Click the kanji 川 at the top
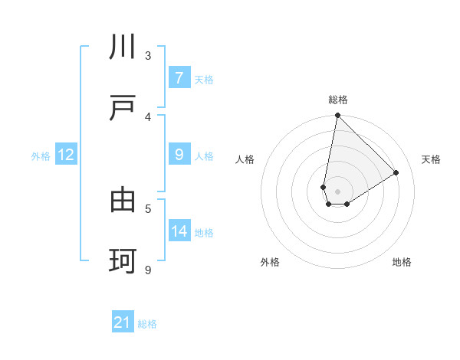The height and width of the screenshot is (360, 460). click(123, 47)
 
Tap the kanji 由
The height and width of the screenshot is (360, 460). click(123, 201)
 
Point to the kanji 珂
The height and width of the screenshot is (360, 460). click(123, 261)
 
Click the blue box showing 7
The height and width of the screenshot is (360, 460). click(179, 77)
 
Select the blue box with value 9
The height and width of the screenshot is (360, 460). click(179, 155)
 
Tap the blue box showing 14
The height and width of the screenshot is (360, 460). click(179, 231)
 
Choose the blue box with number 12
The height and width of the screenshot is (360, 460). click(65, 155)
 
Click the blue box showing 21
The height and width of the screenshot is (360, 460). click(123, 322)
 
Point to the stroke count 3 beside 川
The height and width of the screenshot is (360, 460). click(148, 55)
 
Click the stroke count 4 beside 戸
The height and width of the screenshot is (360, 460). click(148, 116)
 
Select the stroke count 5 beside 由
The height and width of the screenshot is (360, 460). click(148, 208)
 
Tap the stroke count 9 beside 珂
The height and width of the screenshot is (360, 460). click(148, 270)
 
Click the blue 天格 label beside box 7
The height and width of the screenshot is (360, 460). click(204, 79)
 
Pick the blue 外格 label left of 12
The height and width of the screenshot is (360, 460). click(41, 156)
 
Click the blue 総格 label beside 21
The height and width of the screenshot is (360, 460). click(147, 324)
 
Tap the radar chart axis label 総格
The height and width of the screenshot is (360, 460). click(338, 100)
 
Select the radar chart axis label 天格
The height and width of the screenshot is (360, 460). click(431, 159)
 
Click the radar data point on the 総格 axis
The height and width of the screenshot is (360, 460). click(337, 116)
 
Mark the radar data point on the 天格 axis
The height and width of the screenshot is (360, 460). click(396, 173)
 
